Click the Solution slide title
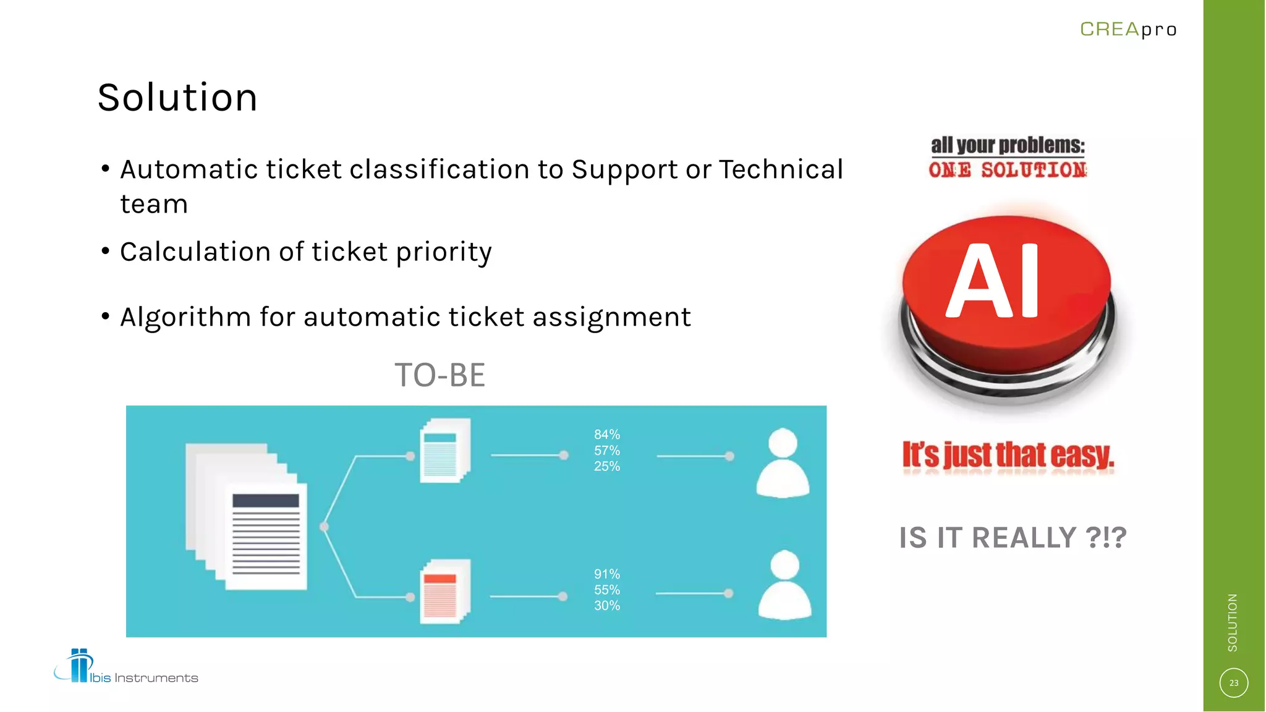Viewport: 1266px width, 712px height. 177,98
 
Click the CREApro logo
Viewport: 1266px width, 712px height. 1128,29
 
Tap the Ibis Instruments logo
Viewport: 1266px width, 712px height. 126,667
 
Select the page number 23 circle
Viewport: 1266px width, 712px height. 1233,683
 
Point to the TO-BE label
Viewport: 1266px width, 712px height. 440,375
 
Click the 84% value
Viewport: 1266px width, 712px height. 606,434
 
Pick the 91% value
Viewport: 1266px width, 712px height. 606,574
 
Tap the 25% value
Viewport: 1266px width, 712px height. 606,467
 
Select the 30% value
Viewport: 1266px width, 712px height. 606,606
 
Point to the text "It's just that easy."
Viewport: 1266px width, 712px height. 1008,456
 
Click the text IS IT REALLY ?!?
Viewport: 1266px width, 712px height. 1013,538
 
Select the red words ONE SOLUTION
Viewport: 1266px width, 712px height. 1008,170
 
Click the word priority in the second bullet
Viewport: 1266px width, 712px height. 444,252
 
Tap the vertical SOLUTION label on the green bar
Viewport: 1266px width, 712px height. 1233,622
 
